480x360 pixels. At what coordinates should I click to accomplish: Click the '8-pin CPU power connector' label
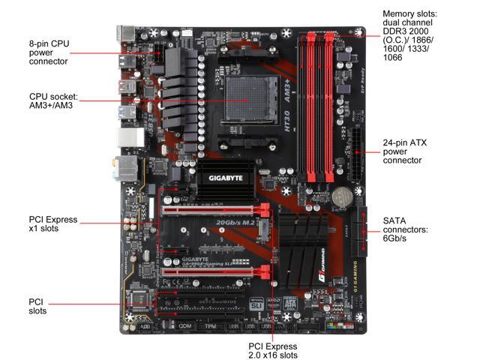click(49, 52)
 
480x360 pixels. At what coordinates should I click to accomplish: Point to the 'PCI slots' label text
click(37, 305)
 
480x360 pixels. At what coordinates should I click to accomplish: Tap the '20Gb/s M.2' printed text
click(237, 223)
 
